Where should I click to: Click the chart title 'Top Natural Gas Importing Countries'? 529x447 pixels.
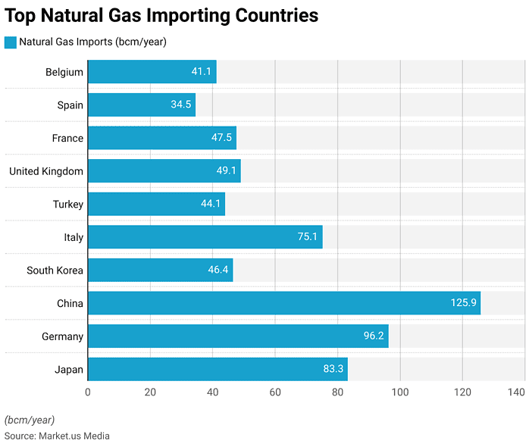pos(161,15)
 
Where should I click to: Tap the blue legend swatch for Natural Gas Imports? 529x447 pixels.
pos(10,42)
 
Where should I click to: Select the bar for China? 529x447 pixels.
pos(283,303)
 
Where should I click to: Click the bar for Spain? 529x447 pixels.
pos(141,105)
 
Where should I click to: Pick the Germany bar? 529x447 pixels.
pos(237,336)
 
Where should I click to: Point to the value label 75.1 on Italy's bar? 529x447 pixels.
pos(307,237)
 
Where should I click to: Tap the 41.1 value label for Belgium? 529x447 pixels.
pos(201,72)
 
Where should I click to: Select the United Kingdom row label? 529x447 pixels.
pos(45,171)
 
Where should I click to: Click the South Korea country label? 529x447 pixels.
pos(55,270)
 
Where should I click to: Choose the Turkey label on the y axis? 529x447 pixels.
pos(68,205)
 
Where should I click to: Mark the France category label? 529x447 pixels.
pos(67,139)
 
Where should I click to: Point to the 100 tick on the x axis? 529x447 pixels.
pos(399,392)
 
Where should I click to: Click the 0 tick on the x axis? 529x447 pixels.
pos(88,392)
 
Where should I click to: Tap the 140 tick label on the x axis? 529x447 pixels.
pos(516,392)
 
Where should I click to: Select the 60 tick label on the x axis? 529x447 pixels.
pos(275,392)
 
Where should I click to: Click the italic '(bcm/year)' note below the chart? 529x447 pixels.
pos(30,420)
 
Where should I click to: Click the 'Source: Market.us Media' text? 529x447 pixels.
pos(57,436)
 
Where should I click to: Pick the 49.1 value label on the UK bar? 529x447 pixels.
pos(227,171)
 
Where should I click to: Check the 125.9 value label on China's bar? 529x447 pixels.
pos(462,303)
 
